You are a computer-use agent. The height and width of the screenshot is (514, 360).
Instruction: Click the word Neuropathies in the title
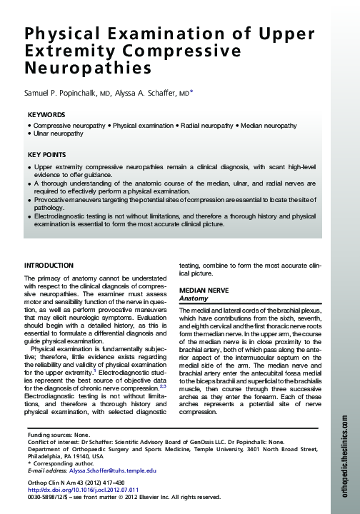coord(89,69)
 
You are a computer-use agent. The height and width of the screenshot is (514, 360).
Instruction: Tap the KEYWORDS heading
coord(46,115)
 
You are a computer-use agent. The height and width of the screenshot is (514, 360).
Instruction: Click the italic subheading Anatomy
coord(194,298)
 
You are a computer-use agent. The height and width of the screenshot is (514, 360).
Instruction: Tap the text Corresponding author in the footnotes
coord(63,464)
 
